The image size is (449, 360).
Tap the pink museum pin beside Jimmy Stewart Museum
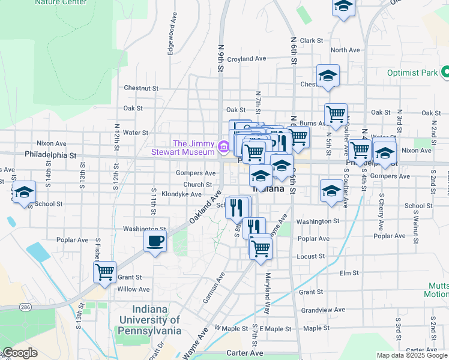pyautogui.click(x=223, y=146)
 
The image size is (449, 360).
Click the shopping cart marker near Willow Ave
pyautogui.click(x=105, y=272)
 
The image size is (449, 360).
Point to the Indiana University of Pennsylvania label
pyautogui.click(x=149, y=320)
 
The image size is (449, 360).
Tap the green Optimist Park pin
pyautogui.click(x=445, y=73)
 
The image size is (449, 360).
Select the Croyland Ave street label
pyautogui.click(x=246, y=59)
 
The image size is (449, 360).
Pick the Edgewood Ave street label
pyautogui.click(x=172, y=39)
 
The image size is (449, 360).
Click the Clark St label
pyautogui.click(x=312, y=41)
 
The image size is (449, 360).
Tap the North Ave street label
pyautogui.click(x=345, y=50)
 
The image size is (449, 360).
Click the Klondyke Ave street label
pyautogui.click(x=181, y=194)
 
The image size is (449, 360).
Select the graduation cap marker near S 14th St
pyautogui.click(x=24, y=193)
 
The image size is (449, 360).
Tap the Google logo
pyautogui.click(x=20, y=353)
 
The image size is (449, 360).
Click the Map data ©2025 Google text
pyautogui.click(x=411, y=355)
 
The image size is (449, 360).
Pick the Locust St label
pyautogui.click(x=311, y=256)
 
